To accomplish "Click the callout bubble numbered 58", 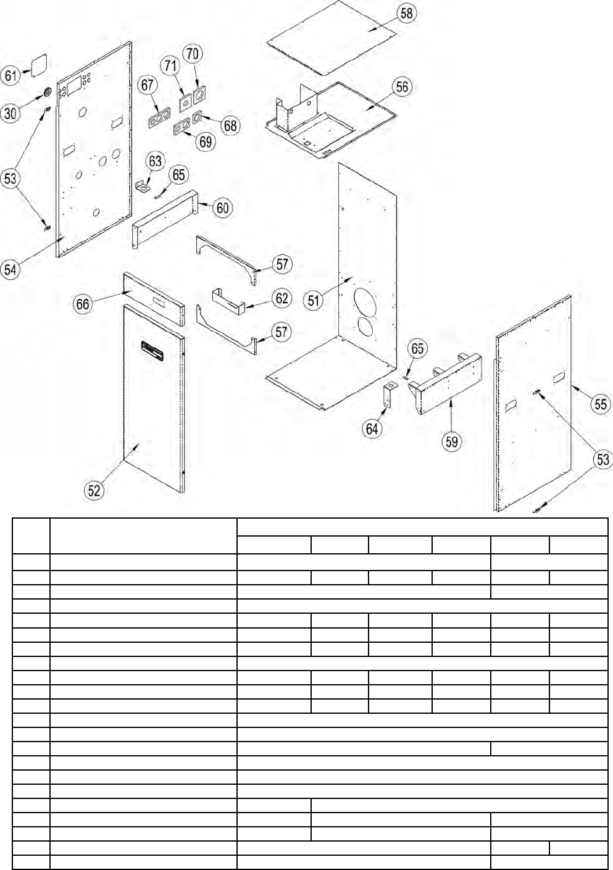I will [407, 14].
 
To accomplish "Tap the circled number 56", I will [402, 86].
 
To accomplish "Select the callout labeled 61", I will [11, 76].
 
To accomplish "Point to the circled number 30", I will [10, 114].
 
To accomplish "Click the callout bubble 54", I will [10, 269].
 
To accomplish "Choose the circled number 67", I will [148, 85].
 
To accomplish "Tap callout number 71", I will [171, 65].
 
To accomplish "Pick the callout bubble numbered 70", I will [193, 54].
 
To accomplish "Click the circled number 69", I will [206, 141].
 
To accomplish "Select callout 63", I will [155, 162].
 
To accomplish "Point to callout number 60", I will [223, 207].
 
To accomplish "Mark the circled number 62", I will [282, 298].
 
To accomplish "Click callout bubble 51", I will [314, 301].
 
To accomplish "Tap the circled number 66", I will [83, 304].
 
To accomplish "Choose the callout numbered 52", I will [94, 490].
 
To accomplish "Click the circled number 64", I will [372, 429].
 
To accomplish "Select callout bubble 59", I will [452, 441].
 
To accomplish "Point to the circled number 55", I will [601, 404].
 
